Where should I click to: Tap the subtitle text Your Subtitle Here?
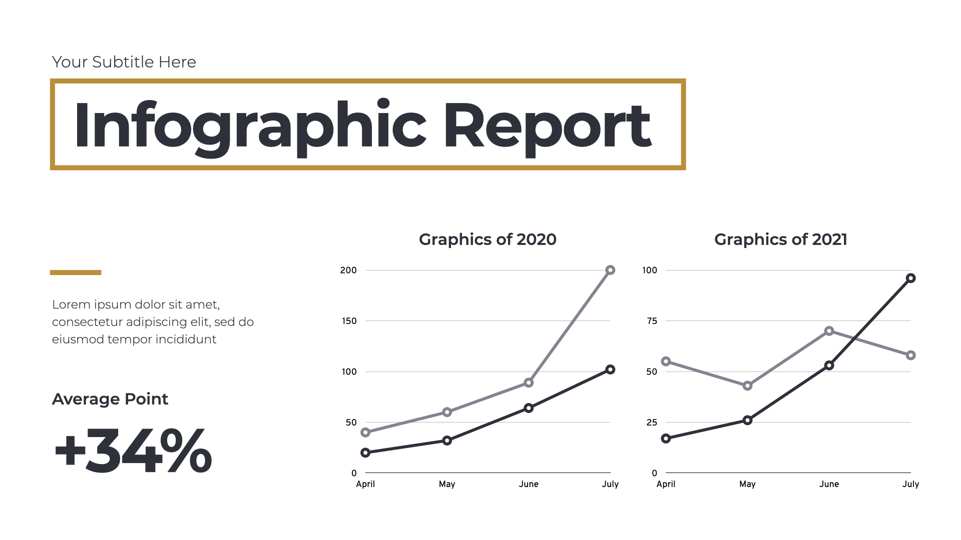click(x=124, y=62)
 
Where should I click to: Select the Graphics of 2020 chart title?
click(x=488, y=239)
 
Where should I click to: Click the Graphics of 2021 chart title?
click(x=780, y=239)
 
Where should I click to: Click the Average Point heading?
click(x=110, y=399)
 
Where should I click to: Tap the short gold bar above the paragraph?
click(x=76, y=272)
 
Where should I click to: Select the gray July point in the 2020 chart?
click(x=610, y=270)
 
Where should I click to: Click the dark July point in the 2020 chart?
click(x=610, y=369)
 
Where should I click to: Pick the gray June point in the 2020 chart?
click(x=529, y=382)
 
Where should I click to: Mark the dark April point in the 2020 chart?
click(x=365, y=452)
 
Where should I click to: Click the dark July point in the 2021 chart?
click(x=911, y=278)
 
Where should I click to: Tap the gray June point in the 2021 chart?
click(x=829, y=331)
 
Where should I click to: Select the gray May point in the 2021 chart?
click(x=747, y=385)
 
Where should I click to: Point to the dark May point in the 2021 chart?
click(x=747, y=420)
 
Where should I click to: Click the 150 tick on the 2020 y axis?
click(x=349, y=321)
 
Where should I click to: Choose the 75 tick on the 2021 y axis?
click(x=652, y=321)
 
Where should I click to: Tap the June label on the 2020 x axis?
click(x=529, y=484)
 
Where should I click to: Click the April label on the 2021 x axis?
click(x=666, y=484)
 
